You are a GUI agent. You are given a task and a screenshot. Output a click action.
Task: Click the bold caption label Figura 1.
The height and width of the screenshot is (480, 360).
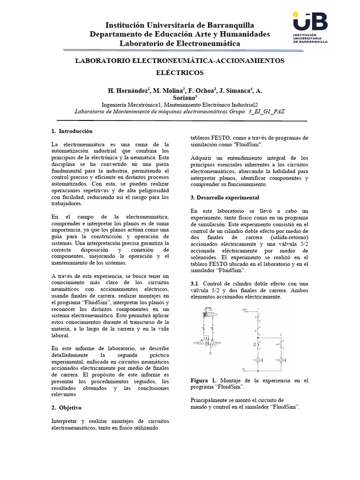tap(203, 380)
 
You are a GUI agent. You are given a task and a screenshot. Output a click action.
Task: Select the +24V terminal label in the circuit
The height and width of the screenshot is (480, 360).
tap(243, 310)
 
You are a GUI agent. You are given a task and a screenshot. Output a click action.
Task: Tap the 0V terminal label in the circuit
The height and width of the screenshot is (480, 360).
tap(243, 369)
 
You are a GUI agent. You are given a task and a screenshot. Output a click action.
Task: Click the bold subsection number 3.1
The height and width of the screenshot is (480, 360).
tap(195, 284)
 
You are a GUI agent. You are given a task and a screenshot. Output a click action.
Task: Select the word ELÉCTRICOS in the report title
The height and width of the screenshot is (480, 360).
tap(180, 73)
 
